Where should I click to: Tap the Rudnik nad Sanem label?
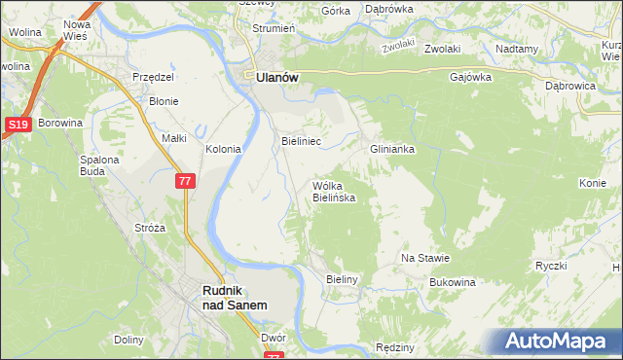[x=235, y=297]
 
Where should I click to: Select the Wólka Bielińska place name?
[x=333, y=191]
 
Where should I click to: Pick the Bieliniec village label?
[x=301, y=141]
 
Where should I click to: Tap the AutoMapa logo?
[x=555, y=342]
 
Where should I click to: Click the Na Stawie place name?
[x=425, y=258]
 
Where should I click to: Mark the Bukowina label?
[x=453, y=282]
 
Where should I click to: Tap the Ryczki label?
[x=551, y=266]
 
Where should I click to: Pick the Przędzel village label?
[x=152, y=77]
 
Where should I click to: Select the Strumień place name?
[x=274, y=28]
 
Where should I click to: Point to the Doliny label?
[x=128, y=340]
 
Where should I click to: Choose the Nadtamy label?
[x=516, y=49]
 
